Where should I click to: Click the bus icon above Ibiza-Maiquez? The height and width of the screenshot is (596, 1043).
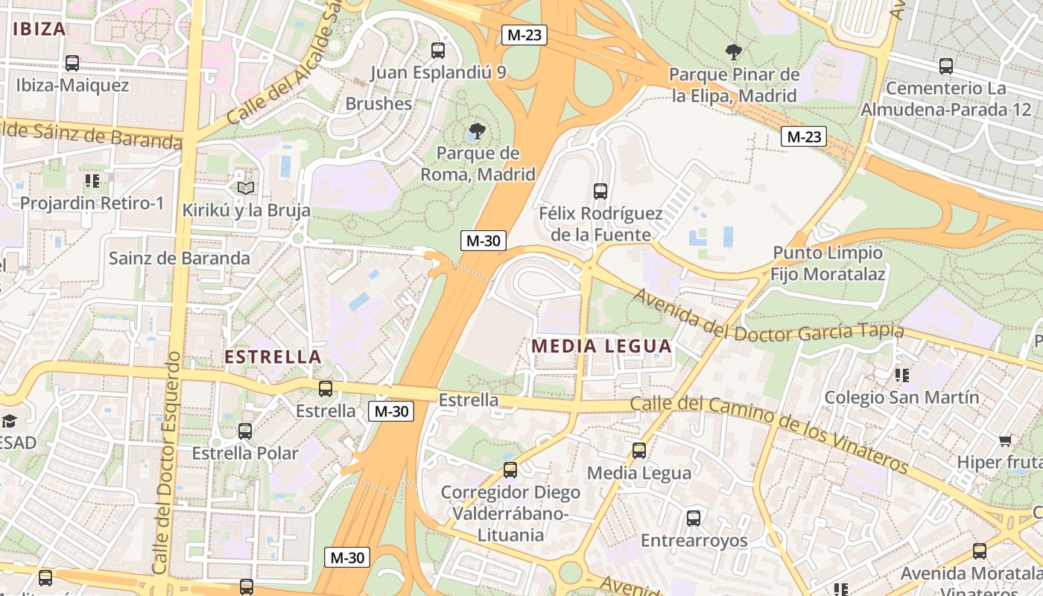(72, 63)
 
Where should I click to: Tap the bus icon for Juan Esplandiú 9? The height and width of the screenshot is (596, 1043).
(438, 51)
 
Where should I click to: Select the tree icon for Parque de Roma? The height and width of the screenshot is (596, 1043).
(478, 132)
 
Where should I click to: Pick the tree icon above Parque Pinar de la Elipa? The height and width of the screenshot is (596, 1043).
(734, 52)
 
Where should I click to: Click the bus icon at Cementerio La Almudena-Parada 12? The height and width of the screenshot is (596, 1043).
(946, 66)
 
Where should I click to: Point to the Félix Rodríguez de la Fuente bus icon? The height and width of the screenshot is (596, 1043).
(600, 191)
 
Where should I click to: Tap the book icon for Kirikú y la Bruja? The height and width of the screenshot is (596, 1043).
(246, 188)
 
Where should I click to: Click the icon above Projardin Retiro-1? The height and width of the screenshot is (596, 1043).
(92, 180)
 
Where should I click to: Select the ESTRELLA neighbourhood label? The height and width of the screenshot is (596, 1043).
(273, 357)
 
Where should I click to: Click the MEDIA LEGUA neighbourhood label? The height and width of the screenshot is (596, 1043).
(602, 346)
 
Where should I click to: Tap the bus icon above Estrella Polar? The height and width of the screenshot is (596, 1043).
(245, 431)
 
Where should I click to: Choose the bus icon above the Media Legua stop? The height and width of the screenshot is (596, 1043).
(639, 450)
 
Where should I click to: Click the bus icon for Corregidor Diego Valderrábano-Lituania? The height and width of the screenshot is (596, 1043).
(510, 470)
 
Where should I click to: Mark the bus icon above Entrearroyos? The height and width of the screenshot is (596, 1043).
(694, 518)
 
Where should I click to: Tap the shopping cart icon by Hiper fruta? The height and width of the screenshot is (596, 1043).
(1005, 440)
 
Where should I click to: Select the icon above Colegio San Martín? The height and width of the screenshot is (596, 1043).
(902, 375)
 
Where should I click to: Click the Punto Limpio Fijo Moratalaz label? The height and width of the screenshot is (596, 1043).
(828, 264)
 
